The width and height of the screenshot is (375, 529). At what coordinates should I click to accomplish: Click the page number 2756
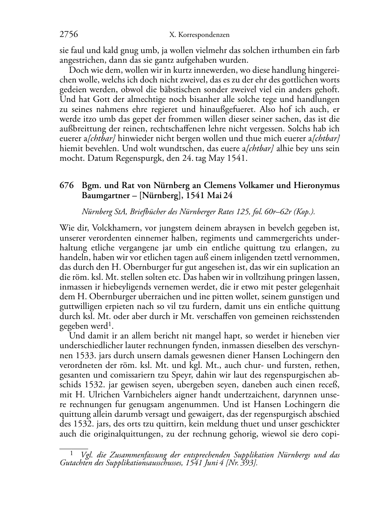tap(69, 35)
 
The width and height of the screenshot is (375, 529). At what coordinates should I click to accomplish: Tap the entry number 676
tap(66, 185)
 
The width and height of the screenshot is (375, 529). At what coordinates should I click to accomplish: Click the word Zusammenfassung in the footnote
tap(138, 455)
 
